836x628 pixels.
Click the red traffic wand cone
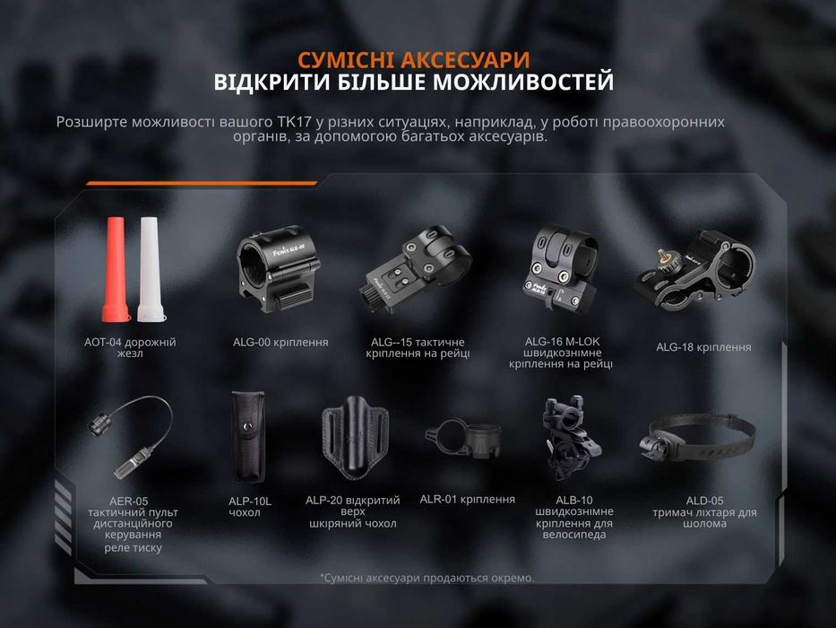point(116,269)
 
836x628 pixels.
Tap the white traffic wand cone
point(148,269)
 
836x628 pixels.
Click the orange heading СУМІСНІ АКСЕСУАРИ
point(413,60)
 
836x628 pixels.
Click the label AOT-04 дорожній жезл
point(130,347)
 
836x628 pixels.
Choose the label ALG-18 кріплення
point(703,347)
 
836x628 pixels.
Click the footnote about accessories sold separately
point(427,578)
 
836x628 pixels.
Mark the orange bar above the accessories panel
point(202,183)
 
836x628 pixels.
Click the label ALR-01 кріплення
point(467,500)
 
